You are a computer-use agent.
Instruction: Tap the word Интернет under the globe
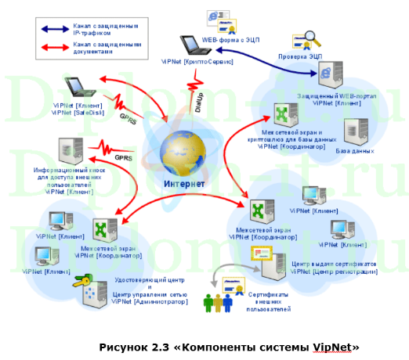pos(183,185)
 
